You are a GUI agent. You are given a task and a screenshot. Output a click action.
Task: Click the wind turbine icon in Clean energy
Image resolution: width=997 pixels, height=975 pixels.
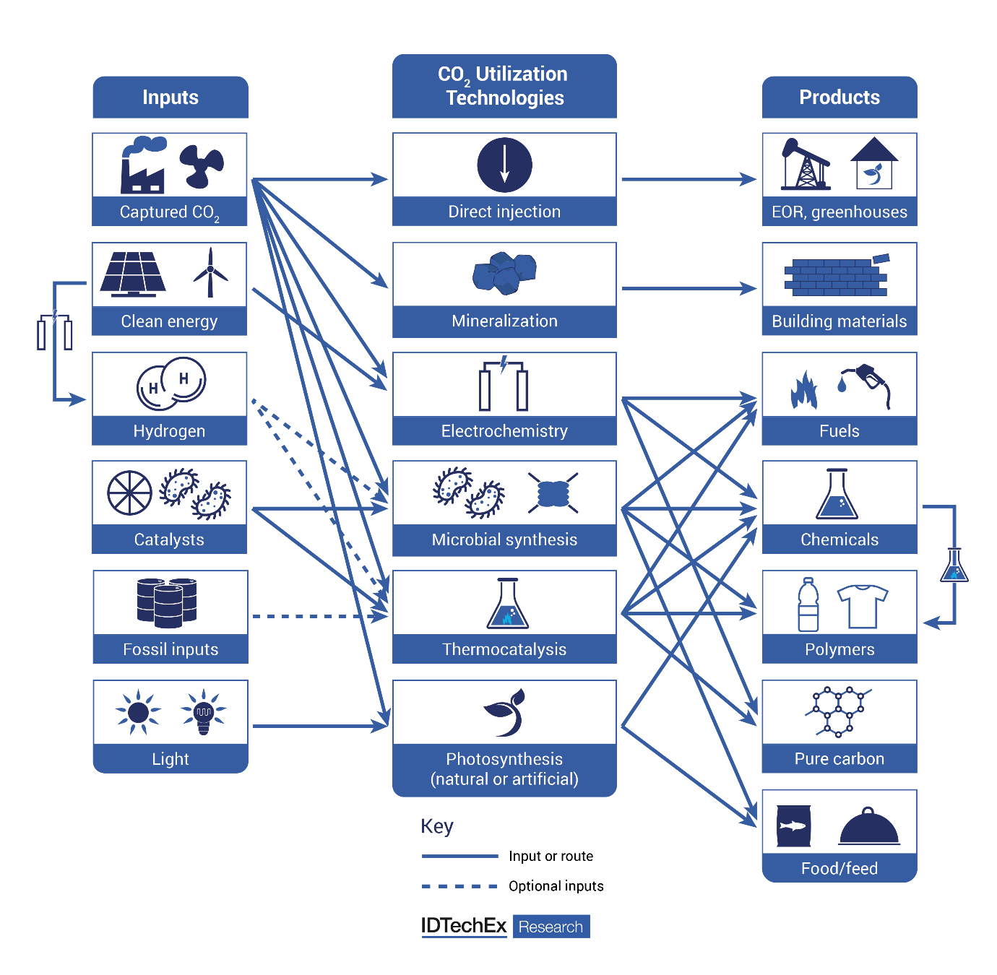210,273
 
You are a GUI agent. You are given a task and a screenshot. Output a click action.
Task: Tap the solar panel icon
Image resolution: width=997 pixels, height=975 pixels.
133,274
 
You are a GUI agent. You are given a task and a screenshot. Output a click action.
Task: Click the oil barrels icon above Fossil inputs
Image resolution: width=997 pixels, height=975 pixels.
167,602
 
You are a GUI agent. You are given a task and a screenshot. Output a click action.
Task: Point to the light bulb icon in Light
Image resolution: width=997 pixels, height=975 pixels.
204,712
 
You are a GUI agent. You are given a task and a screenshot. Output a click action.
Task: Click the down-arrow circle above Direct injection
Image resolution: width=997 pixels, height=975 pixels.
504,165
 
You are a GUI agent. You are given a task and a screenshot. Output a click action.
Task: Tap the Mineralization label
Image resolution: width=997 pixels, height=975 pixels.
504,321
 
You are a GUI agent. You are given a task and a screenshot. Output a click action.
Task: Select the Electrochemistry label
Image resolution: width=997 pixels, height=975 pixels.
504,431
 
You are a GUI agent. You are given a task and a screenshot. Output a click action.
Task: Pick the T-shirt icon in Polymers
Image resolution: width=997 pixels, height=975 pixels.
862,606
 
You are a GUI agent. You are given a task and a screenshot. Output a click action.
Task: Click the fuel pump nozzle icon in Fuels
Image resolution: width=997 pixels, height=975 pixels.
867,384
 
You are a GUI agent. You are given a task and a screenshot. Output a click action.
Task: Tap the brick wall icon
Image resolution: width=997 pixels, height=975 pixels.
837,277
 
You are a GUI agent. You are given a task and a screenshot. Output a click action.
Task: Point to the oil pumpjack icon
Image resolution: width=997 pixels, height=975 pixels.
805,165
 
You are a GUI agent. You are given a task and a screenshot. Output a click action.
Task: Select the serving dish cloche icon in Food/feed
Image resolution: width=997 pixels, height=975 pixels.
869,828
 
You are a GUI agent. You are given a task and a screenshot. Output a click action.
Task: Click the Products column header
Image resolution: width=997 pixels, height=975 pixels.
840,97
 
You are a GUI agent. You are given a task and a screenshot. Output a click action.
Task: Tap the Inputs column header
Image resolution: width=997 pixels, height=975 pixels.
171,97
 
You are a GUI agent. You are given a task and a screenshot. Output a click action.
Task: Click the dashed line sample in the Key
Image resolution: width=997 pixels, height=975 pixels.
459,886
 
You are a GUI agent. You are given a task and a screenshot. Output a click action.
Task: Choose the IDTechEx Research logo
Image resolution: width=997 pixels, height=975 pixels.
505,927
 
